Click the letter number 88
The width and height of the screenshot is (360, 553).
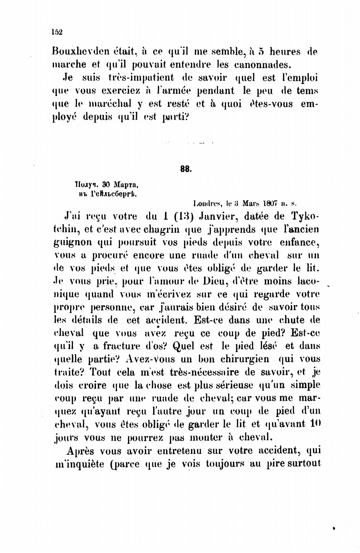pos(186,169)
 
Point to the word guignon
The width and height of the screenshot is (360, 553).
pos(73,243)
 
